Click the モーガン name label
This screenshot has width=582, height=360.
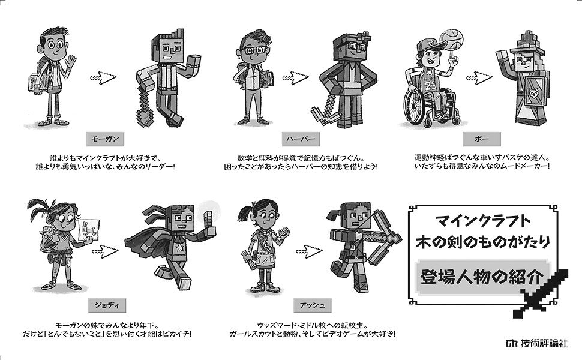tap(106, 139)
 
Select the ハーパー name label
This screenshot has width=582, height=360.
tap(301, 139)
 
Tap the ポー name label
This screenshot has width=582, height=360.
tap(481, 139)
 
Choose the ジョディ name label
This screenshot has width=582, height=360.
tap(107, 305)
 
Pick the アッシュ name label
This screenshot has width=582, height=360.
tap(312, 305)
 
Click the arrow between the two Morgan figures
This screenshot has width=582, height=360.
tap(103, 77)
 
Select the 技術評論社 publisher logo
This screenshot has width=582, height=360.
tap(537, 343)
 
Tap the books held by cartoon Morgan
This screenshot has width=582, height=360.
tap(38, 83)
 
